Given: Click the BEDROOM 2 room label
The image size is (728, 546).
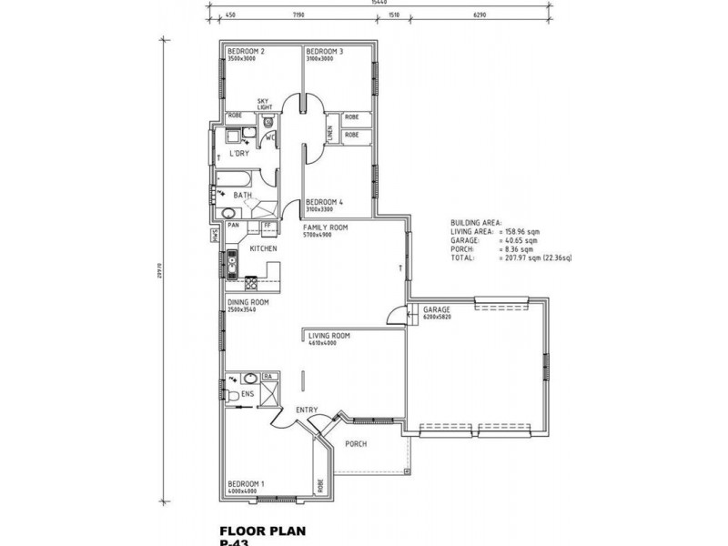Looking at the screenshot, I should coord(246,52).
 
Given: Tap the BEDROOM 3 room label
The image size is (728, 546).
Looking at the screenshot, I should coord(324,52).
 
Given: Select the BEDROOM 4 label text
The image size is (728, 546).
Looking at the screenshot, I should coord(324,202).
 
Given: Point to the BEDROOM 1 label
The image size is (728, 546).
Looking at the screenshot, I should coord(246,484).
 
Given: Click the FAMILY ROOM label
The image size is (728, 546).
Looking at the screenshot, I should coord(326,228).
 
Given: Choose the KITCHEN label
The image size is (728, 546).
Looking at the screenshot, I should coord(264,248).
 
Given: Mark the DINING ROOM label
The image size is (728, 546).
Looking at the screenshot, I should coord(248,302).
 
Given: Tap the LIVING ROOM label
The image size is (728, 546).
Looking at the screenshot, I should coord(329,336).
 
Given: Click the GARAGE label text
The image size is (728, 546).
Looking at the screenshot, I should coord(436,310).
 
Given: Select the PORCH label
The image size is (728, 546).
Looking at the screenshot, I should coord(356,445).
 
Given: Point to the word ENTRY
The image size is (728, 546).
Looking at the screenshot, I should coord(307,410).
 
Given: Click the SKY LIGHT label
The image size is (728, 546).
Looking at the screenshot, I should coord(264,104).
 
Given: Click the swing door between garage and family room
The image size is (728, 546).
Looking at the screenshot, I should coord(394,316).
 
